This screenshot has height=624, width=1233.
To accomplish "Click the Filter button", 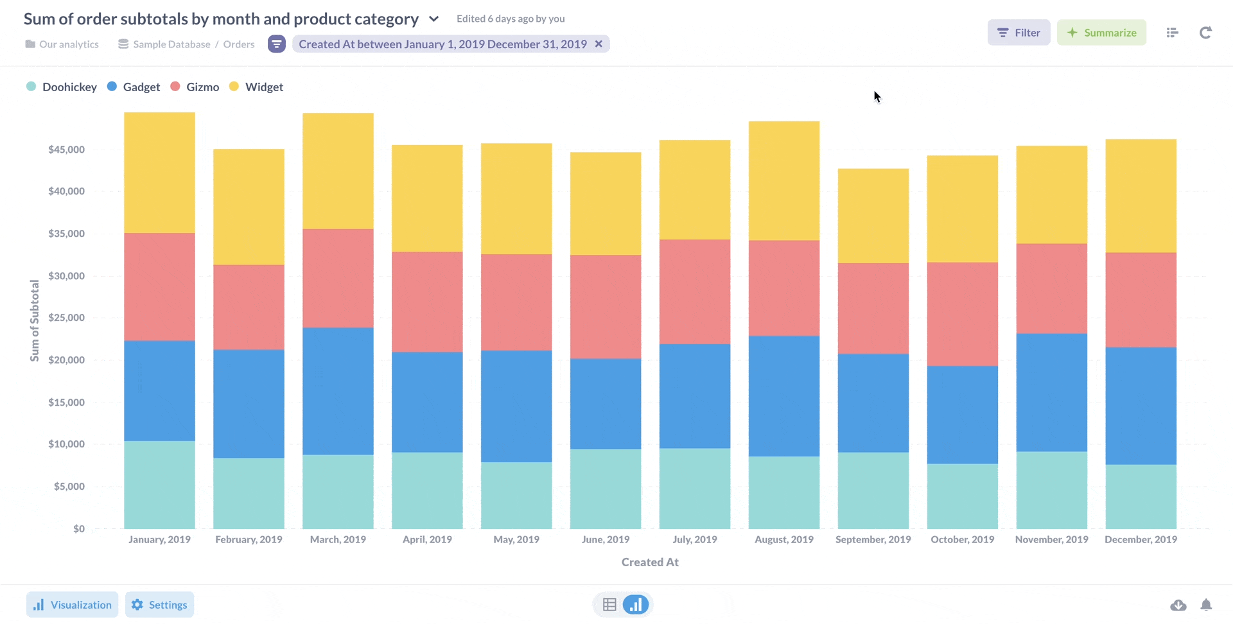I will tap(1019, 33).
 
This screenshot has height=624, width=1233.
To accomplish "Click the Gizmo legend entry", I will tap(195, 87).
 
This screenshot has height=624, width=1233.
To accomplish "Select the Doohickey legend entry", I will tap(62, 87).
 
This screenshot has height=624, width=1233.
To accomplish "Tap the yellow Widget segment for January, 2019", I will tap(159, 173).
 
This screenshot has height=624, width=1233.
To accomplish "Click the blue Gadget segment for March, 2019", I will tap(338, 391).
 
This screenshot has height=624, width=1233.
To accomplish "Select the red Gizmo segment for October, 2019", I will tap(962, 314).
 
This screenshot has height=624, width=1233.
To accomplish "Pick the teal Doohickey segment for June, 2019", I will tap(605, 489).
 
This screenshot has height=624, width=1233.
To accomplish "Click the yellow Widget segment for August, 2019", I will tap(783, 181).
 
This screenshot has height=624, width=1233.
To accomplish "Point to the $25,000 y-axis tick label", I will tap(66, 318).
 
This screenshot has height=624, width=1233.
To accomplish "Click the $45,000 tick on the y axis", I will tap(66, 150).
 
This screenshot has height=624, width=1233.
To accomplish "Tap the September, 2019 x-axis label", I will tap(873, 539).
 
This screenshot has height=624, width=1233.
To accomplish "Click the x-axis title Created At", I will tap(650, 562).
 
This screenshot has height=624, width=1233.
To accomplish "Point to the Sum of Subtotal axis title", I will tap(35, 320).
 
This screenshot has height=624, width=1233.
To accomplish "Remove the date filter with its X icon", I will tap(599, 44).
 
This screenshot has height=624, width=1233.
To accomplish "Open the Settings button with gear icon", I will tap(159, 605).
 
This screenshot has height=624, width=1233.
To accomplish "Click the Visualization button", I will tap(72, 605).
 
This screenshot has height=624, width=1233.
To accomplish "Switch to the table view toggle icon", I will tap(609, 605).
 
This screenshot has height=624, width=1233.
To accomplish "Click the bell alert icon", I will tap(1206, 605).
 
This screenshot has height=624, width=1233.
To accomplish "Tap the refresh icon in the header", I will tap(1205, 33).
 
